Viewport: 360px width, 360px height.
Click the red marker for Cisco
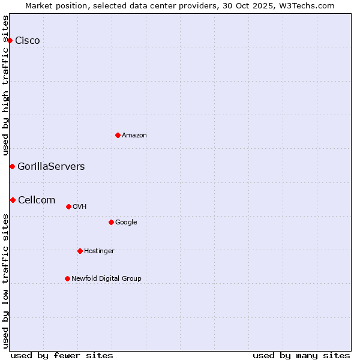10,40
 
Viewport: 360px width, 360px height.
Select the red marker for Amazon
118,135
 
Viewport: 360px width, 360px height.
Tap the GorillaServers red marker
12,166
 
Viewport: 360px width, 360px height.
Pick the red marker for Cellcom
13,200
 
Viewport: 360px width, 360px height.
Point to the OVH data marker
68,206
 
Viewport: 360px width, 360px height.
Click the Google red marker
111,222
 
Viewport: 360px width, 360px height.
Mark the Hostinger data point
80,251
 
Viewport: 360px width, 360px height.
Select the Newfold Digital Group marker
67,278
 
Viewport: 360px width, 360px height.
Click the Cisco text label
28,41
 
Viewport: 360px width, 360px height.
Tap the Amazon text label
134,136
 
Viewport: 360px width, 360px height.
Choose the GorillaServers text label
51,167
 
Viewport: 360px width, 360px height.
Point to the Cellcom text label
37,200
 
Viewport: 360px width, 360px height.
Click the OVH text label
80,207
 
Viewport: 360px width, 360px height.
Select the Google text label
126,223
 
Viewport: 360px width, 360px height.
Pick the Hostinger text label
99,251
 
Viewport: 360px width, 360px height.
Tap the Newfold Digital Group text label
106,279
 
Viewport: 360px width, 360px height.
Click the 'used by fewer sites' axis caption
62,355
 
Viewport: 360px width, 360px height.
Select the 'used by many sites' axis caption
301,355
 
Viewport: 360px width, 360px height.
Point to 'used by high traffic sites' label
5,86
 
